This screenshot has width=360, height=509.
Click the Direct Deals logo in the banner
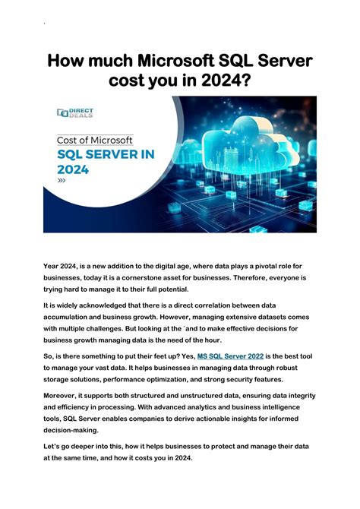pos(74,112)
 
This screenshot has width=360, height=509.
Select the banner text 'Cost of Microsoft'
pos(95,140)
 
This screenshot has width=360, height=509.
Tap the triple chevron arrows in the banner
pos(62,183)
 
